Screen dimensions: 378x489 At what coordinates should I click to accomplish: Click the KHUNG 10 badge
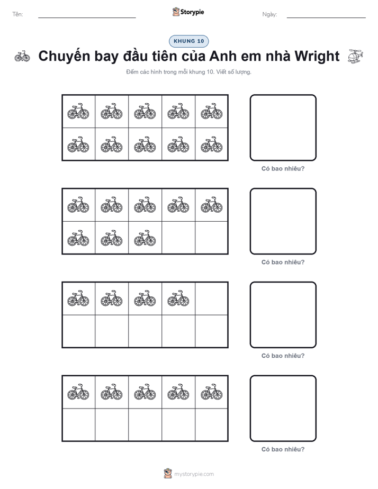[188, 41]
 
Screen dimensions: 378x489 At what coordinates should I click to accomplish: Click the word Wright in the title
[317, 57]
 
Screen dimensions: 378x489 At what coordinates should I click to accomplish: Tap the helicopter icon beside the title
[356, 57]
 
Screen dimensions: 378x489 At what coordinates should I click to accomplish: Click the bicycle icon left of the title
[22, 57]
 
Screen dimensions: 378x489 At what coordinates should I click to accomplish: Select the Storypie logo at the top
[188, 12]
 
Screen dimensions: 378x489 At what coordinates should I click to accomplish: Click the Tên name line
[87, 18]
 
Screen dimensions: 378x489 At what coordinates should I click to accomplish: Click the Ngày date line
[326, 18]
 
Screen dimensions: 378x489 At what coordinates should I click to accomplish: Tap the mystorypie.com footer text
[194, 474]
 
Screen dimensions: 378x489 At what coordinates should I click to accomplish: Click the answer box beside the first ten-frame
[283, 128]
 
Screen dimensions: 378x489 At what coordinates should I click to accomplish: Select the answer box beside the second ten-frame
[283, 221]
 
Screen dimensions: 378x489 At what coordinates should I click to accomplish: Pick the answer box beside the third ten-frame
[283, 315]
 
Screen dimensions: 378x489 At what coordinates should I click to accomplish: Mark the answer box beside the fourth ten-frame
[283, 408]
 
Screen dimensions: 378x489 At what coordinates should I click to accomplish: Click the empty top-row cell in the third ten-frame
[212, 298]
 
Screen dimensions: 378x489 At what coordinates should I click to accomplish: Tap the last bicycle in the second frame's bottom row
[145, 238]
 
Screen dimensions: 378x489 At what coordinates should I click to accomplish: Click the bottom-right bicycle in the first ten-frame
[212, 144]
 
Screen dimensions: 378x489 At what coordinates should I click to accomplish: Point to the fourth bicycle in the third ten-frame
[178, 298]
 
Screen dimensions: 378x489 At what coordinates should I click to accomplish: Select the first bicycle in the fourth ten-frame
[78, 392]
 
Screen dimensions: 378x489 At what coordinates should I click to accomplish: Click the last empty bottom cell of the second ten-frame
[212, 238]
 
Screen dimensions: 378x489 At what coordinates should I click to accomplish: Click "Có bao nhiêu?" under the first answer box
[283, 169]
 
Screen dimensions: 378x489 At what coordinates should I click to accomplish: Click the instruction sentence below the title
[188, 72]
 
